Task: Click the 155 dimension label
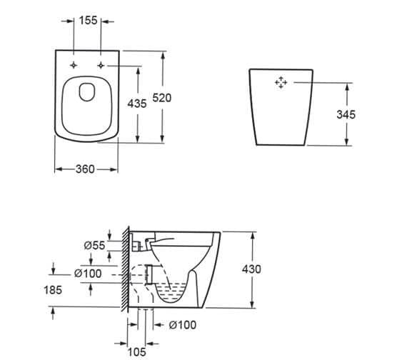click(x=89, y=21)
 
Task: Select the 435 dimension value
click(x=137, y=104)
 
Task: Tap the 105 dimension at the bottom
click(x=138, y=351)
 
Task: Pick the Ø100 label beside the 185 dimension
click(x=89, y=274)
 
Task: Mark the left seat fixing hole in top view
click(x=75, y=66)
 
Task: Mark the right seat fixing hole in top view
click(x=102, y=66)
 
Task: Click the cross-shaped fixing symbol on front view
click(x=281, y=83)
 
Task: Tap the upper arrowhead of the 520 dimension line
click(x=165, y=54)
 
